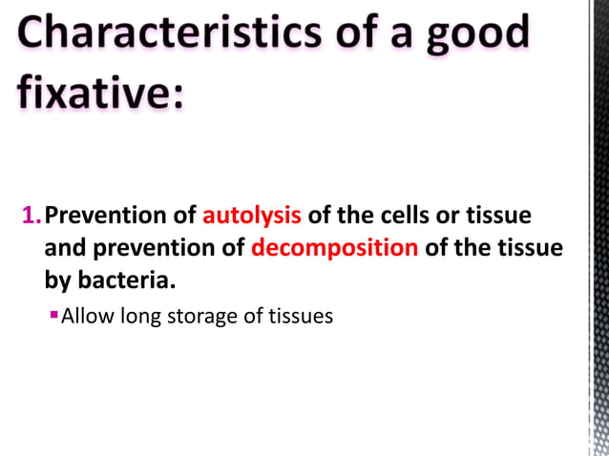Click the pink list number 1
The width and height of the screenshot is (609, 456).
[29, 216]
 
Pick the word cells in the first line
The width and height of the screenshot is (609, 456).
[413, 216]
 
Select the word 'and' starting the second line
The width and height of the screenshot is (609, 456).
[62, 249]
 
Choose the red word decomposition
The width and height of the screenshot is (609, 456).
[334, 249]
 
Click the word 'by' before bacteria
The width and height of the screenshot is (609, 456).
[59, 282]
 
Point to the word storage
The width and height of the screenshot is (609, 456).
[201, 316]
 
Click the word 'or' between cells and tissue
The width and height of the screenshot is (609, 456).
[451, 216]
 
